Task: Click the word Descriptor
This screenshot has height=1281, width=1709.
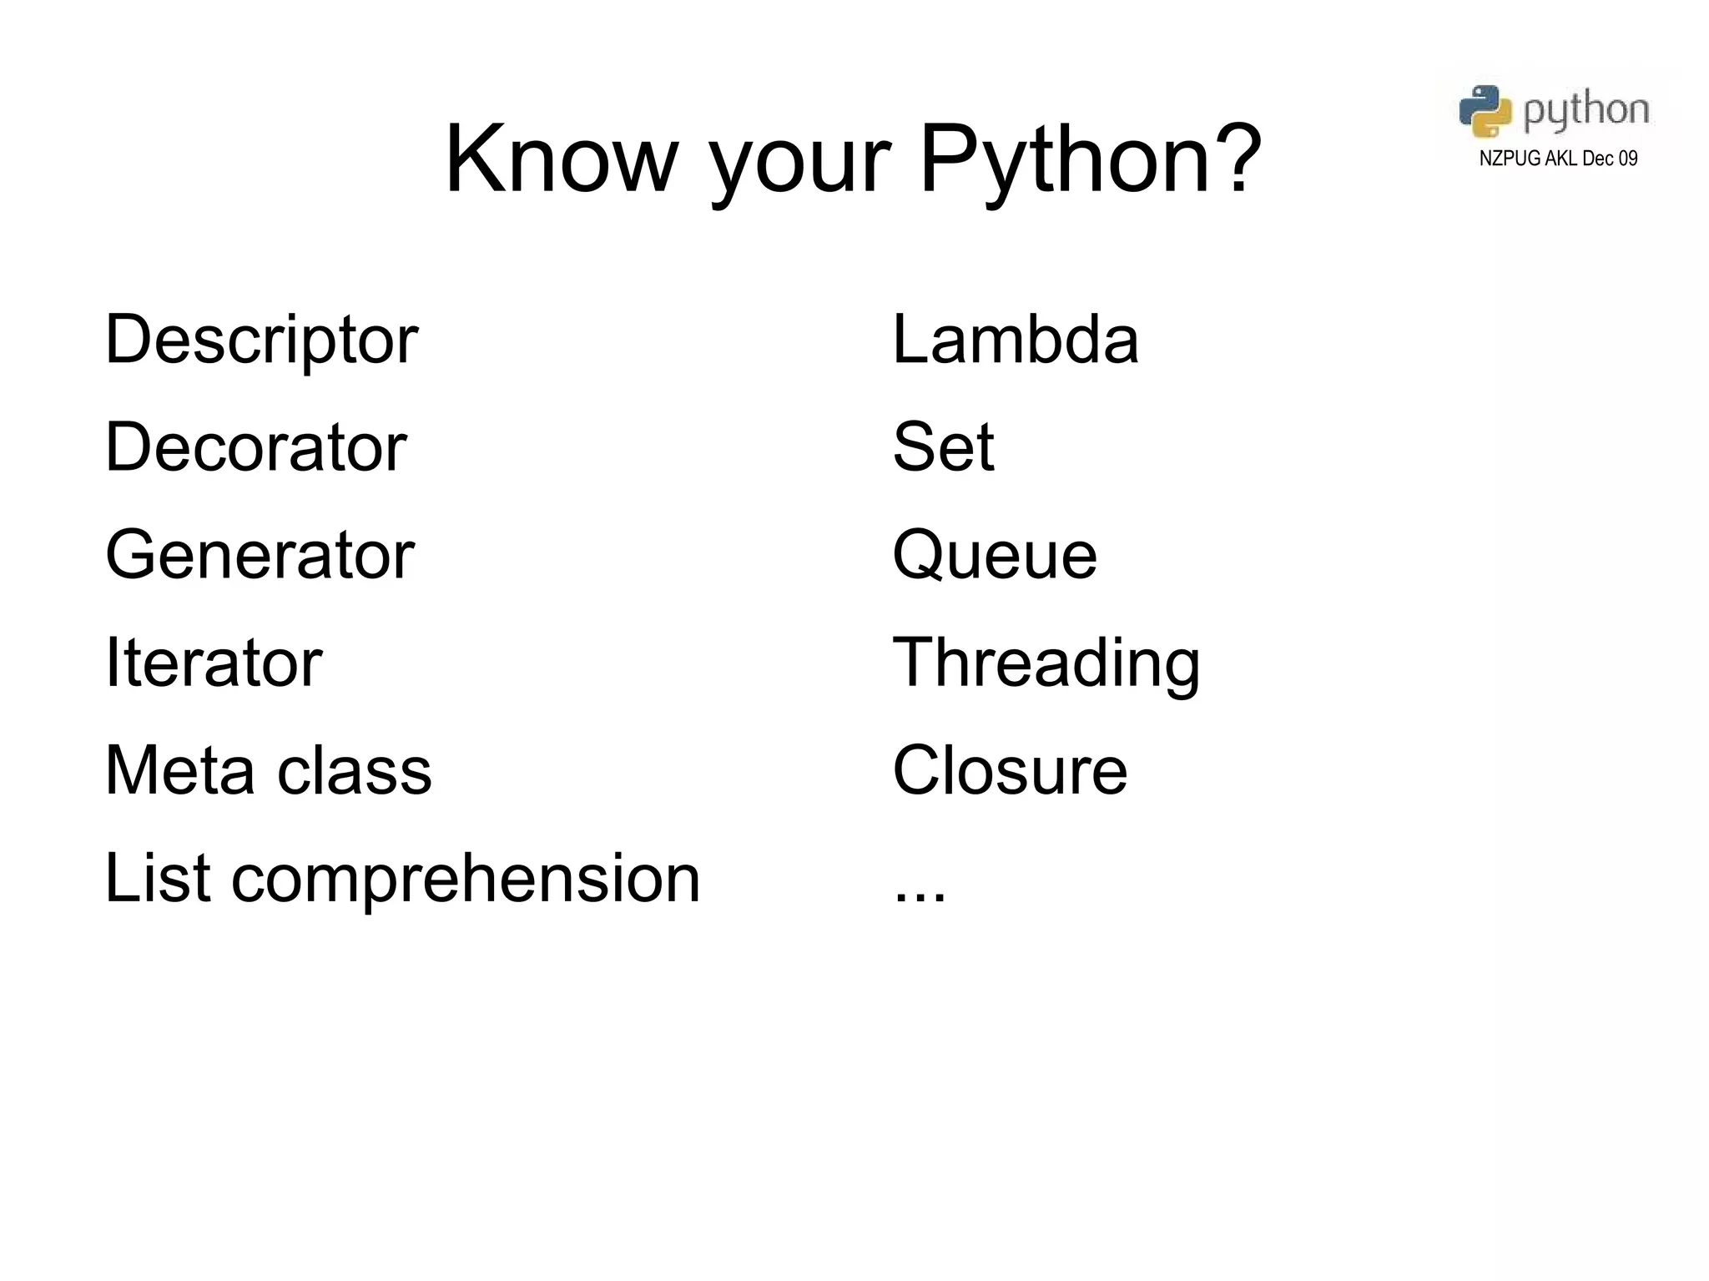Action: point(261,340)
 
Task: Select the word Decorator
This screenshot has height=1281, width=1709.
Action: point(255,447)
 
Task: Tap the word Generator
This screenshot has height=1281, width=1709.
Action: point(260,555)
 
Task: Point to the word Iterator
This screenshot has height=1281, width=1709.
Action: point(214,663)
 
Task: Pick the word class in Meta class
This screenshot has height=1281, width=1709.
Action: point(354,770)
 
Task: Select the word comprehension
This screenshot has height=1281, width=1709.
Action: point(465,880)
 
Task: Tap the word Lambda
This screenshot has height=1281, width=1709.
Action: point(1015,340)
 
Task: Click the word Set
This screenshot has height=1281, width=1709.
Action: point(943,447)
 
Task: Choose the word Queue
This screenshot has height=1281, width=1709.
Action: point(994,557)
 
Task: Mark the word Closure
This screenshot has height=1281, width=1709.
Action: point(1010,770)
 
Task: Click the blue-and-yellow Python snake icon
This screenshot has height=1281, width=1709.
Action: point(1485,110)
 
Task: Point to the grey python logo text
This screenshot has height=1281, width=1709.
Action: point(1585,111)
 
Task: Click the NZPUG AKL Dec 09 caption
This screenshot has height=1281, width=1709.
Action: point(1558,159)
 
